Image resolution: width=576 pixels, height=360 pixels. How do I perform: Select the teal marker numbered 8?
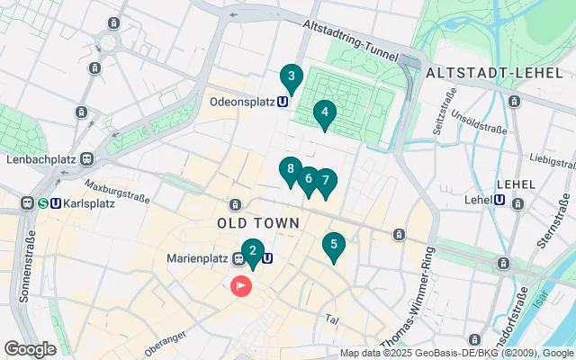pos(289,169)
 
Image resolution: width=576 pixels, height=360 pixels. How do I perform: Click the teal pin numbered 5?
pos(334,245)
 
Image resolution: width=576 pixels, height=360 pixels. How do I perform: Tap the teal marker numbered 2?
pos(253,252)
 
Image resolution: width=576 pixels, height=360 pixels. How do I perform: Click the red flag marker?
pos(242,286)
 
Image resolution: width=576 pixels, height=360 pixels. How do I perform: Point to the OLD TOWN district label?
pos(251,221)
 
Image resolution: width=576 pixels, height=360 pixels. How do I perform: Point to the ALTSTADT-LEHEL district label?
pos(483,72)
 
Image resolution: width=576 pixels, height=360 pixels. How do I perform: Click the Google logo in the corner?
pos(30,349)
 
